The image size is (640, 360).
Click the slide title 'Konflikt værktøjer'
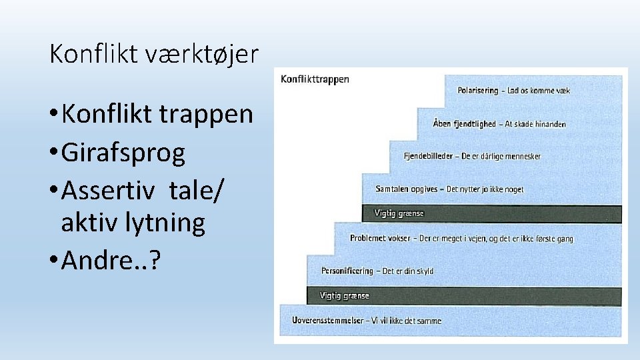[x=153, y=54]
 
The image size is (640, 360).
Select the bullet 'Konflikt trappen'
[x=157, y=114]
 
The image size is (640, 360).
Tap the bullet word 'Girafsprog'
[x=123, y=153]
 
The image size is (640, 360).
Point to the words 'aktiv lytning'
[x=133, y=222]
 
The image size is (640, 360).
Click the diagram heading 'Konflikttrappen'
[x=315, y=79]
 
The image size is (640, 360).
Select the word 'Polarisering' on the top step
[x=478, y=91]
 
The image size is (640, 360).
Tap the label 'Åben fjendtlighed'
[x=464, y=124]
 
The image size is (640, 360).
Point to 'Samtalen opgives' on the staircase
[x=407, y=189]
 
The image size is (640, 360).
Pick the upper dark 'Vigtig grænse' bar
[x=491, y=214]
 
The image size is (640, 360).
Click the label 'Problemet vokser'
[x=380, y=239]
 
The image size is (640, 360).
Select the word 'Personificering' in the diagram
[x=347, y=271]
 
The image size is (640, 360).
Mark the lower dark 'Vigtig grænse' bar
[x=464, y=296]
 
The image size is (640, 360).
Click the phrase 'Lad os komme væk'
[x=539, y=91]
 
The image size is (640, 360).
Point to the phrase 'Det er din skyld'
[x=408, y=271]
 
